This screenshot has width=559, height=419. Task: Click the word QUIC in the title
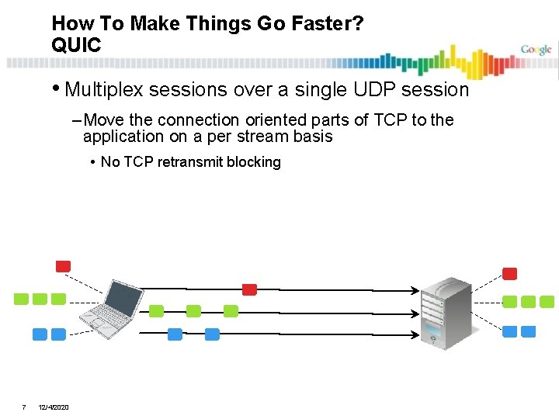(76, 46)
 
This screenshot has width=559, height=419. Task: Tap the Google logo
(536, 50)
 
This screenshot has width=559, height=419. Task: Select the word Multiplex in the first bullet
(105, 90)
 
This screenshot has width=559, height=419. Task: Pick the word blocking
(253, 162)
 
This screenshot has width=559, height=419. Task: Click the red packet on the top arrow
(249, 289)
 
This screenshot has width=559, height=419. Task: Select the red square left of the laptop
(63, 266)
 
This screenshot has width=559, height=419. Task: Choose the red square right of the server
(510, 274)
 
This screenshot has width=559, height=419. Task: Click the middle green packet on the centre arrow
(193, 311)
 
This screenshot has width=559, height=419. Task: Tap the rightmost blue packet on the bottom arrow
(212, 334)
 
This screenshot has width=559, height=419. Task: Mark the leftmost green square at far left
(22, 300)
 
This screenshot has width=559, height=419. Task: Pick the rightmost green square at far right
(547, 302)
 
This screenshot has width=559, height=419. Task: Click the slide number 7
(24, 407)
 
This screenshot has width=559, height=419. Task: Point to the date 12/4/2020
(54, 407)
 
